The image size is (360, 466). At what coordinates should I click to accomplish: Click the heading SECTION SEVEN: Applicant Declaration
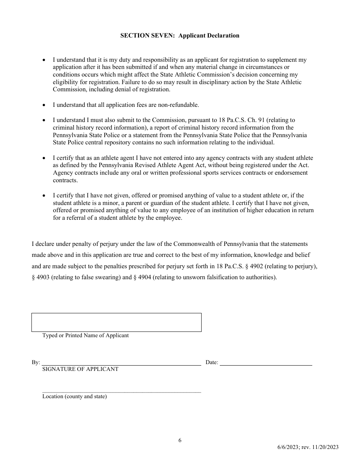pos(180,36)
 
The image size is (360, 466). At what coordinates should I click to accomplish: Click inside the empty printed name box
pos(116,322)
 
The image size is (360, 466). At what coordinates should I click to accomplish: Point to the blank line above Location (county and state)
pos(121,392)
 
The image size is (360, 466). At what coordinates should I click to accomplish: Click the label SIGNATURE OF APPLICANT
pos(80,369)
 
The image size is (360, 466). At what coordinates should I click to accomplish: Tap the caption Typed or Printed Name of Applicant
pos(85,335)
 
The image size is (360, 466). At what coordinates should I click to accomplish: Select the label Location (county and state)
pos(74,397)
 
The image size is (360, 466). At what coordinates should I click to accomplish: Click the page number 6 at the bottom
pos(180,440)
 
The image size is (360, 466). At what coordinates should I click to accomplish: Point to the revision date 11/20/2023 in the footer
pos(325,447)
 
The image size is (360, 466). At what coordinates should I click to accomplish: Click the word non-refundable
pos(178,105)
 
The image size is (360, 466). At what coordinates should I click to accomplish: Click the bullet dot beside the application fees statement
pos(44,105)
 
